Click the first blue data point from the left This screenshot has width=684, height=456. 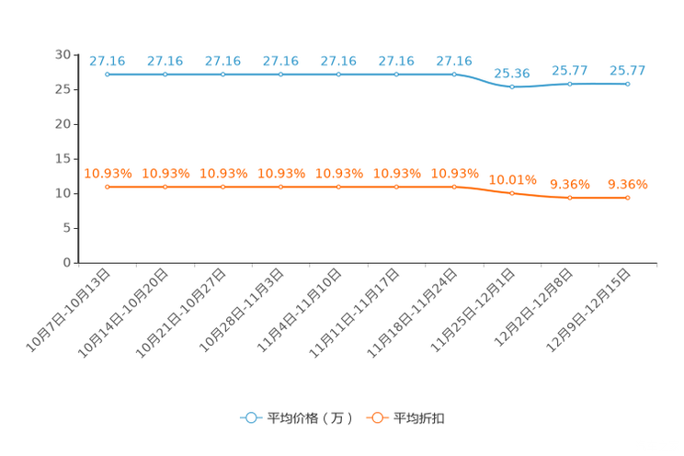pyautogui.click(x=108, y=74)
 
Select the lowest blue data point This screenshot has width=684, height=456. pyautogui.click(x=512, y=86)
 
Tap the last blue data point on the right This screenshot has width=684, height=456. pyautogui.click(x=628, y=84)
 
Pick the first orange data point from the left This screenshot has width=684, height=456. pyautogui.click(x=108, y=187)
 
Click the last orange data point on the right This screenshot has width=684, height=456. pyautogui.click(x=628, y=198)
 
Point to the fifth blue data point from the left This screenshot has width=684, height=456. pyautogui.click(x=338, y=74)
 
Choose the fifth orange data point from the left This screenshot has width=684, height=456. pyautogui.click(x=338, y=187)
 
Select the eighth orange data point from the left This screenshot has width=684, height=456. pyautogui.click(x=512, y=193)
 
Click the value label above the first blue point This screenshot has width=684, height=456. pyautogui.click(x=108, y=61)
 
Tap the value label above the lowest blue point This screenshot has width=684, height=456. pyautogui.click(x=512, y=73)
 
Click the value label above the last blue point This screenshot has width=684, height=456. pyautogui.click(x=628, y=70)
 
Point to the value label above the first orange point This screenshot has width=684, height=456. pyautogui.click(x=108, y=173)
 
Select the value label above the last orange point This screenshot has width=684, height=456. pyautogui.click(x=628, y=185)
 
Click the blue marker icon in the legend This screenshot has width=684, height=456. pyautogui.click(x=250, y=417)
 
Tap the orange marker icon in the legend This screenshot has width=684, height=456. pyautogui.click(x=376, y=417)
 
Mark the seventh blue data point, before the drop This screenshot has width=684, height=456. pyautogui.click(x=454, y=74)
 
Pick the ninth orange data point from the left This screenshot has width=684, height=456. pyautogui.click(x=570, y=198)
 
